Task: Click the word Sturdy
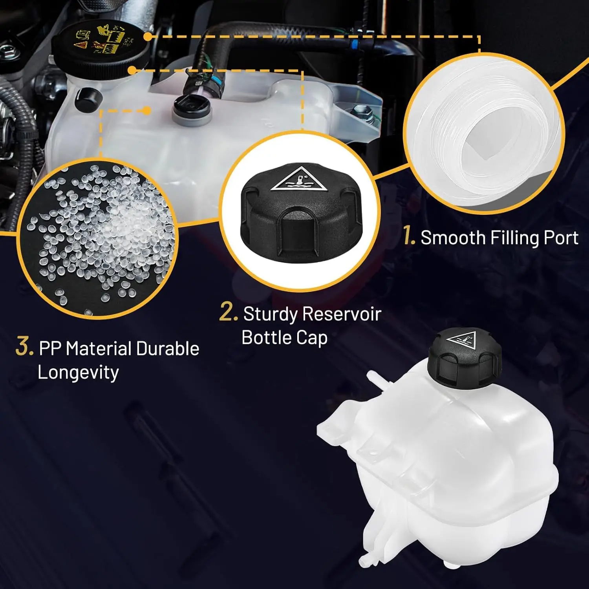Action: pyautogui.click(x=270, y=315)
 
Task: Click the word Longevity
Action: pyautogui.click(x=78, y=372)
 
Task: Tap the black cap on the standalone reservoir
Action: pyautogui.click(x=465, y=358)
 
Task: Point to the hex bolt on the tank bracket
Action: pyautogui.click(x=362, y=111)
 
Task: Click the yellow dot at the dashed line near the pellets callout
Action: pyautogui.click(x=146, y=111)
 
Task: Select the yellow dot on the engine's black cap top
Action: pyautogui.click(x=148, y=37)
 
